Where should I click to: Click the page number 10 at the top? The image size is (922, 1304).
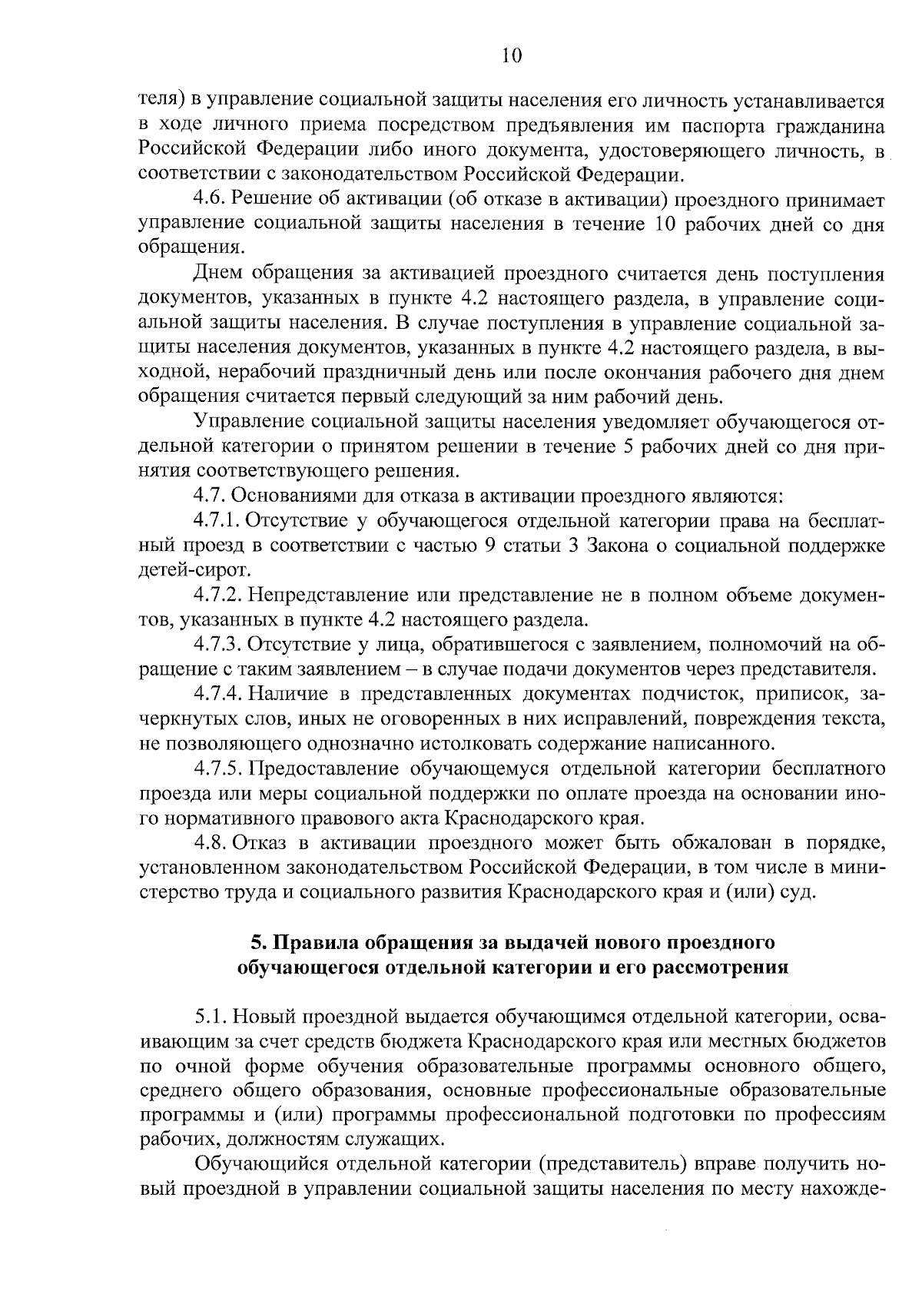511,55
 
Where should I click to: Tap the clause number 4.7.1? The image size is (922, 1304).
217,521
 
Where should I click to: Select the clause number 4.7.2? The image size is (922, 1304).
217,595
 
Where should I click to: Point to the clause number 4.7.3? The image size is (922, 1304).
217,644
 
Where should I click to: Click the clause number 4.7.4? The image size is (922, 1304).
217,694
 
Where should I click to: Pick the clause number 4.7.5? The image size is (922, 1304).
217,768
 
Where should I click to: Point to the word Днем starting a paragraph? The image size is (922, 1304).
219,274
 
